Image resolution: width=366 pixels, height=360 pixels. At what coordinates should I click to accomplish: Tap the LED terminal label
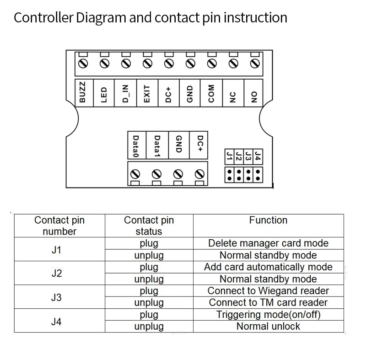click(104, 93)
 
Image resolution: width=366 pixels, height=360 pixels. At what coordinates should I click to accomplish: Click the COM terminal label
click(212, 93)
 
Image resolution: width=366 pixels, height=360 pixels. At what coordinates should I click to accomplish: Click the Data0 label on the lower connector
click(136, 146)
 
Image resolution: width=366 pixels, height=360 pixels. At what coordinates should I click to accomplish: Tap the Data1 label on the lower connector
click(157, 146)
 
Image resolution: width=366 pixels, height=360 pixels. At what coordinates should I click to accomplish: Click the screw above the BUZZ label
click(83, 64)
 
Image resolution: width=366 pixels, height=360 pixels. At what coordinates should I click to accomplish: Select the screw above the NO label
click(254, 64)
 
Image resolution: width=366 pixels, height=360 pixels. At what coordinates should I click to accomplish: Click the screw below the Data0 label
click(135, 174)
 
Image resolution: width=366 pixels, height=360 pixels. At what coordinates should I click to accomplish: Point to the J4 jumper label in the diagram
click(258, 156)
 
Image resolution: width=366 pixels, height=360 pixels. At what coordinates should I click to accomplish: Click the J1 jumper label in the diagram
click(229, 156)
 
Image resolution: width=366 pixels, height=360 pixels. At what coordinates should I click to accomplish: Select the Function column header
click(268, 220)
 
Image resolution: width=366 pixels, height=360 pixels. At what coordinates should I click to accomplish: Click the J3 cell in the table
click(56, 297)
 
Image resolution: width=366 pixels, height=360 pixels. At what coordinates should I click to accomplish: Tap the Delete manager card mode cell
click(268, 243)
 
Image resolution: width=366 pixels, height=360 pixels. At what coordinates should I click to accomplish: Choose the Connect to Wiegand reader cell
click(268, 291)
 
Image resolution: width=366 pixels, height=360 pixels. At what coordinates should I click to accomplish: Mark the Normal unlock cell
click(268, 327)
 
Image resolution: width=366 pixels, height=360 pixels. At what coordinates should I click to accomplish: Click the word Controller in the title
click(43, 18)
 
